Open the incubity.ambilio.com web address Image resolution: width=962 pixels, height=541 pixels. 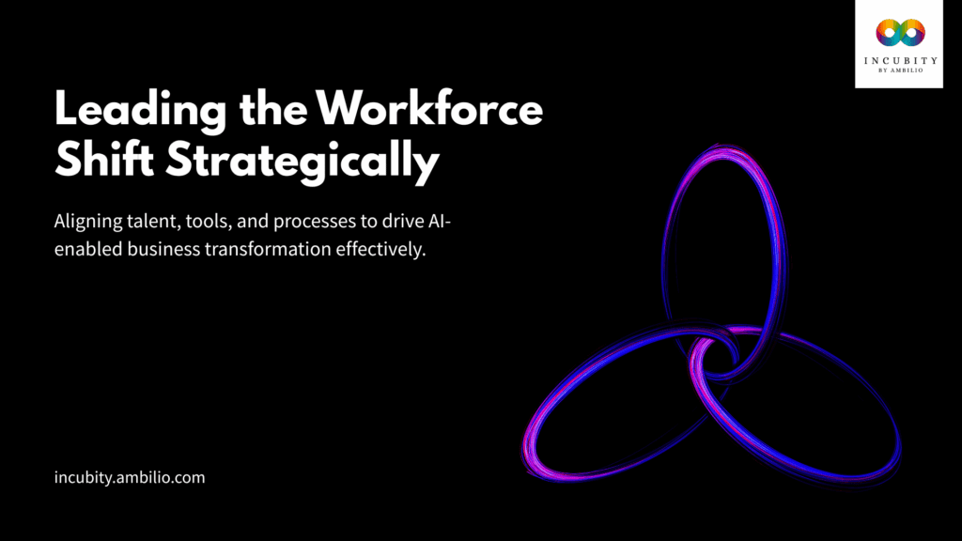pos(130,477)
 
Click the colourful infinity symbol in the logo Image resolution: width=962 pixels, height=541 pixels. pos(899,34)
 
